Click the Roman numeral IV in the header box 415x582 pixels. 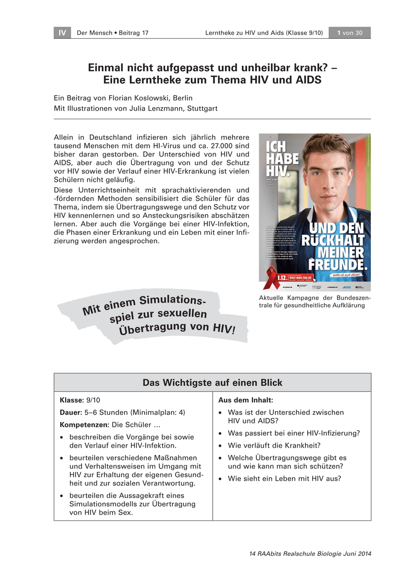pos(62,33)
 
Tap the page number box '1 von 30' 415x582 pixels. pos(349,33)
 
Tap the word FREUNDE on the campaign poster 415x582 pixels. pos(338,265)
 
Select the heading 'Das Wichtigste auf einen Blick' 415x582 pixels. pos(212,383)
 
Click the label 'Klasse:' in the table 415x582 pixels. pos(72,400)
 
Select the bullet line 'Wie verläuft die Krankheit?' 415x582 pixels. pos(274,445)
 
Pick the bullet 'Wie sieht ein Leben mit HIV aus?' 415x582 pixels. pos(284,478)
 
